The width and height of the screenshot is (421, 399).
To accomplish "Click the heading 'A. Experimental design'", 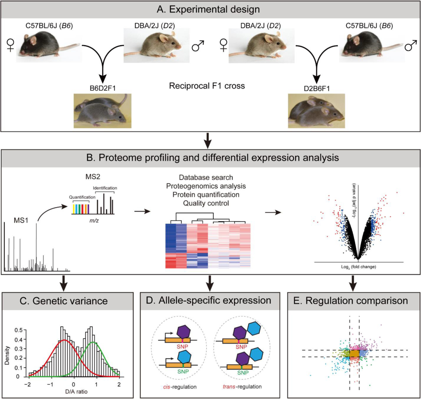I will coord(210,9).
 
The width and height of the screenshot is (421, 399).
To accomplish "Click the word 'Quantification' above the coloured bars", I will coord(82,197).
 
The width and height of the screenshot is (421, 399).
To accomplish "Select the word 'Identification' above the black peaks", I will coord(105,188).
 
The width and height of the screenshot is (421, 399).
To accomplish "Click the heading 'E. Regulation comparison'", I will coord(354,300).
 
